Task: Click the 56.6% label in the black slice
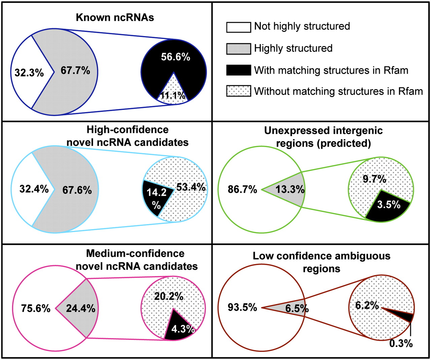point(175,57)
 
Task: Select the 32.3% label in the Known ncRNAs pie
point(29,73)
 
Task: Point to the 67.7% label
point(75,70)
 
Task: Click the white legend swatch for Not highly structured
point(238,27)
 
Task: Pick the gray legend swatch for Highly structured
point(238,48)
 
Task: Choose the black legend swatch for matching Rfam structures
point(238,70)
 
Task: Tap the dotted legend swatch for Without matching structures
point(238,91)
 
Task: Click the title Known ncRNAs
point(115,17)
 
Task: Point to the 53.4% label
point(191,187)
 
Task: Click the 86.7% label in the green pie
point(242,189)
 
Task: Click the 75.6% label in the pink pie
point(35,308)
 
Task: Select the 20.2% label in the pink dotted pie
point(169,296)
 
